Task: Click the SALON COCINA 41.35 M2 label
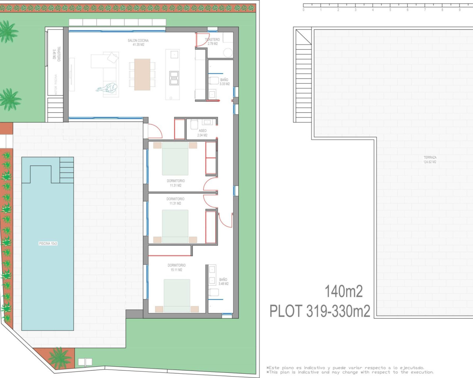click(138, 42)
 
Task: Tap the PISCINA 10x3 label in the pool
click(48, 244)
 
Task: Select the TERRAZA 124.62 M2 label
click(430, 159)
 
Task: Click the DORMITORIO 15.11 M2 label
click(176, 267)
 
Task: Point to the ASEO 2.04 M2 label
click(202, 133)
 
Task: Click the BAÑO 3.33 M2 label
click(224, 82)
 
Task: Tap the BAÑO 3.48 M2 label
click(223, 282)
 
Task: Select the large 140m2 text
click(343, 291)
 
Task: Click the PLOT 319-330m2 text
click(320, 311)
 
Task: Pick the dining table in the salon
click(142, 74)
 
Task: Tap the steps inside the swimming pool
click(67, 170)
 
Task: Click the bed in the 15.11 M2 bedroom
click(177, 295)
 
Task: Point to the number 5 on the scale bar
click(390, 10)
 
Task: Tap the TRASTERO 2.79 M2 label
click(212, 41)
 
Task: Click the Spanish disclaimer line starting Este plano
click(345, 368)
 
